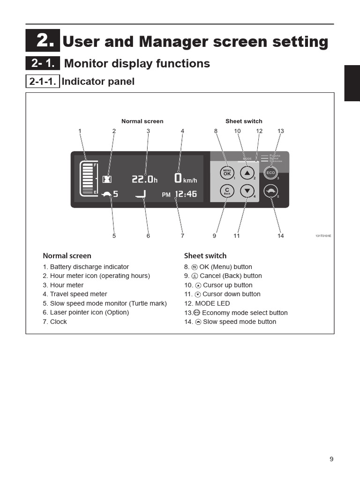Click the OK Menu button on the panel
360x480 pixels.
227,173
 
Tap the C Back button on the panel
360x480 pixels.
227,191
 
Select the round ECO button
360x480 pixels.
270,172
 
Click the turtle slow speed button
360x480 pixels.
270,191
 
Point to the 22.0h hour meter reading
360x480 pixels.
144,179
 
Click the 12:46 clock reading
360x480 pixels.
186,194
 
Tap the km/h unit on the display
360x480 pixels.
190,180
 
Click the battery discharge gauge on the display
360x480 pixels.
88,178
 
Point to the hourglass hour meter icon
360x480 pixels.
108,179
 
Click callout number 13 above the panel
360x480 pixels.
281,131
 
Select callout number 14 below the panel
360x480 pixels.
280,236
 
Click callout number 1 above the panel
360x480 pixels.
80,131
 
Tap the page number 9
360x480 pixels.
331,459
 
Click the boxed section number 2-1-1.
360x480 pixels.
43,82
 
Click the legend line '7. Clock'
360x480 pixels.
55,322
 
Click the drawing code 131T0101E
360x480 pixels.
323,236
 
